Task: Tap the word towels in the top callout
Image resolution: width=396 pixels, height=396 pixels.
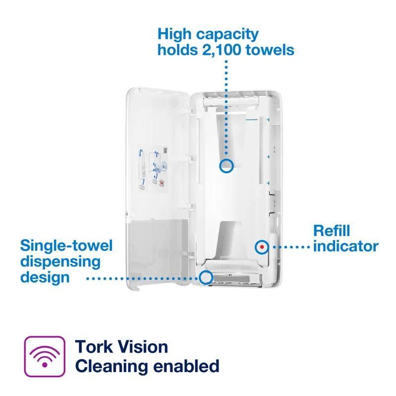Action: pyautogui.click(x=271, y=50)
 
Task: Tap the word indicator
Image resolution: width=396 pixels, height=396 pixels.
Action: pyautogui.click(x=346, y=246)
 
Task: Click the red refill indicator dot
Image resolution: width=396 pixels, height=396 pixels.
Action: pyautogui.click(x=261, y=246)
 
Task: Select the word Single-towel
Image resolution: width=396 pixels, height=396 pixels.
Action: pyautogui.click(x=66, y=246)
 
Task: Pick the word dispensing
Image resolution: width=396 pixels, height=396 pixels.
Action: pyautogui.click(x=60, y=261)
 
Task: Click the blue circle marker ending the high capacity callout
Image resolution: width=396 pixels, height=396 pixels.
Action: pyautogui.click(x=227, y=166)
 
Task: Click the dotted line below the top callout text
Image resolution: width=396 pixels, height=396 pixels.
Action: pyautogui.click(x=227, y=109)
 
